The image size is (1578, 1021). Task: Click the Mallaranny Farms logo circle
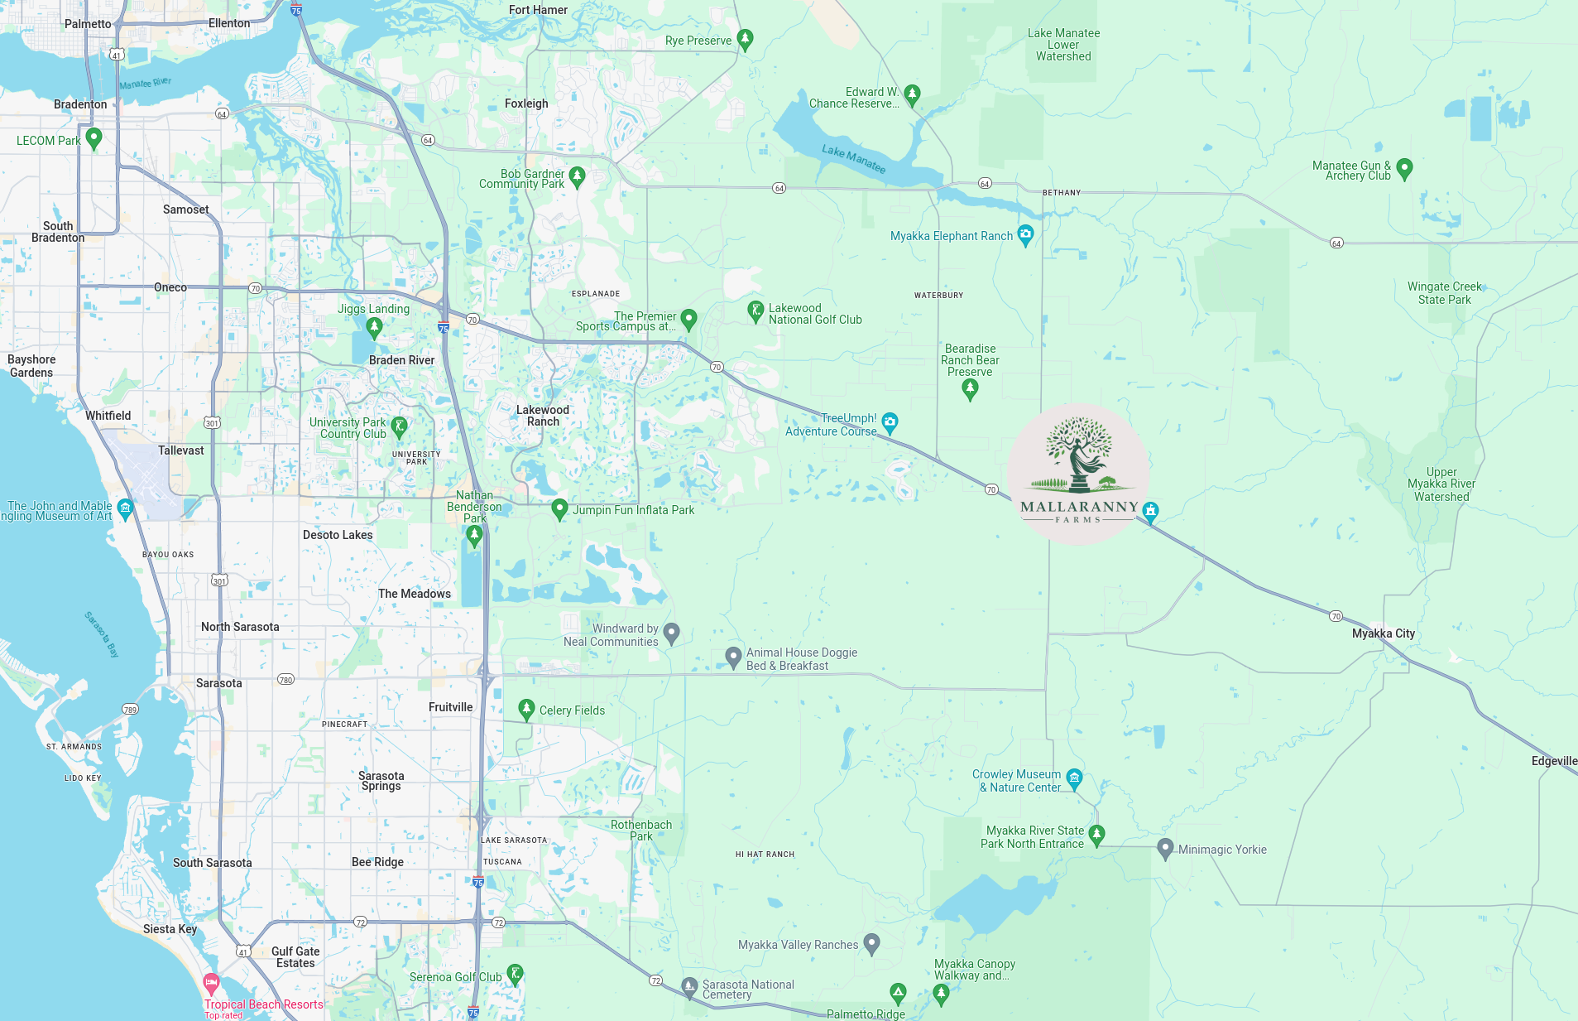click(1078, 474)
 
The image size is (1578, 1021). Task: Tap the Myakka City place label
click(1383, 633)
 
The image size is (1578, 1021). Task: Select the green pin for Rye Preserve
click(745, 39)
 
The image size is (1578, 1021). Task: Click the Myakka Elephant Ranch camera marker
click(1025, 234)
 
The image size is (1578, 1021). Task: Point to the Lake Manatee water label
click(853, 158)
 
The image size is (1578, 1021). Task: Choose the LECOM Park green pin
click(94, 137)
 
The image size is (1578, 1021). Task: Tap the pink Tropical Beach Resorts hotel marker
click(211, 984)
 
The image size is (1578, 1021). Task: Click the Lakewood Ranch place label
click(543, 416)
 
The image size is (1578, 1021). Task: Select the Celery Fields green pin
click(526, 709)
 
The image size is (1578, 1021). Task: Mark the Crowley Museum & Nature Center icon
click(1074, 778)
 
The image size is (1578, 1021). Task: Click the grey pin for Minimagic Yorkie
click(1165, 848)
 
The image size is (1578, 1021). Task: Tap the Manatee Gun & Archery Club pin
click(1404, 168)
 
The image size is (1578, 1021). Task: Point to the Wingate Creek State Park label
click(1445, 293)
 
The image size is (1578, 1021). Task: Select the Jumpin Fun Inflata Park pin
click(559, 508)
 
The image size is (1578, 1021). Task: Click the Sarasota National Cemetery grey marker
click(689, 986)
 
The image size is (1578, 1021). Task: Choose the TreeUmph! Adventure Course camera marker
click(890, 422)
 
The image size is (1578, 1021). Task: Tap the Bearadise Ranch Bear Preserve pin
click(971, 388)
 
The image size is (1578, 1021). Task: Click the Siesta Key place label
click(170, 929)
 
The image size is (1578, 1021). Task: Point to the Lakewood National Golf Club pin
click(755, 311)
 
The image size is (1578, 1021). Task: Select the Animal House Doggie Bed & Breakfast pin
click(733, 657)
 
